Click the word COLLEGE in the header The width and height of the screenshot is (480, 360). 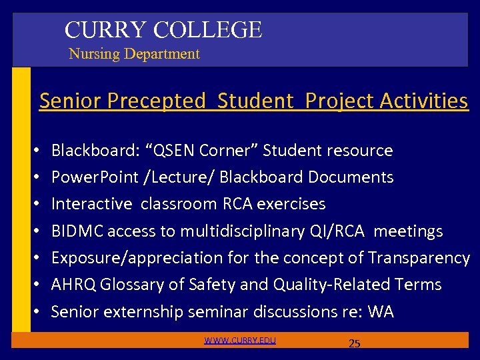(207, 30)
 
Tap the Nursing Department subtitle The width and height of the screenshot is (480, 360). (134, 54)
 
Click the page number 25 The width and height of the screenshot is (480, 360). (355, 344)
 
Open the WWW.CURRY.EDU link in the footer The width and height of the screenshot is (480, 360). (240, 341)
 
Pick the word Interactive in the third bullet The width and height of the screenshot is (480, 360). (92, 204)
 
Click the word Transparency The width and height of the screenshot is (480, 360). (419, 258)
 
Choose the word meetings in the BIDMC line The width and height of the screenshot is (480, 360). (408, 231)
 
